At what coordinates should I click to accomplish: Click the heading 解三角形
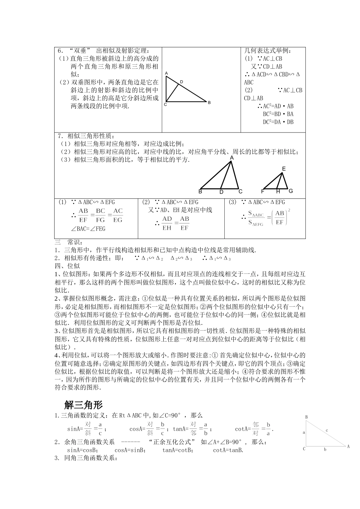point(84,405)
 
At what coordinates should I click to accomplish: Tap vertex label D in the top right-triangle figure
point(182,82)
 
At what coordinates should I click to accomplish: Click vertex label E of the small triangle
point(283,169)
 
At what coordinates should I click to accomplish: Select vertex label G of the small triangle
point(291,191)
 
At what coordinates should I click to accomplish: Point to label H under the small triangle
point(278,192)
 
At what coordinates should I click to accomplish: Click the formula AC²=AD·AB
point(278,106)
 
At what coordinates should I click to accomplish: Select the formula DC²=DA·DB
point(278,122)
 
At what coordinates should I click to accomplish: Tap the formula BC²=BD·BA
point(278,114)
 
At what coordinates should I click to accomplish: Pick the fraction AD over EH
point(167,223)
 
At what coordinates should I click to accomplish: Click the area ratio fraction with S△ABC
point(256,219)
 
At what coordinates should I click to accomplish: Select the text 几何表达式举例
point(269,51)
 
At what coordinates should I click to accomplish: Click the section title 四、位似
point(67,266)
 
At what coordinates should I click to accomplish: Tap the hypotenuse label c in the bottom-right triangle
point(327,430)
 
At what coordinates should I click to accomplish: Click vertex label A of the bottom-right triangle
point(348,447)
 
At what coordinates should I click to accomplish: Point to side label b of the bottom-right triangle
point(325,450)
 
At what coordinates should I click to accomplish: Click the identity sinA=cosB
point(82,450)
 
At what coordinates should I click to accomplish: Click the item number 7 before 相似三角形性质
point(59,136)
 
